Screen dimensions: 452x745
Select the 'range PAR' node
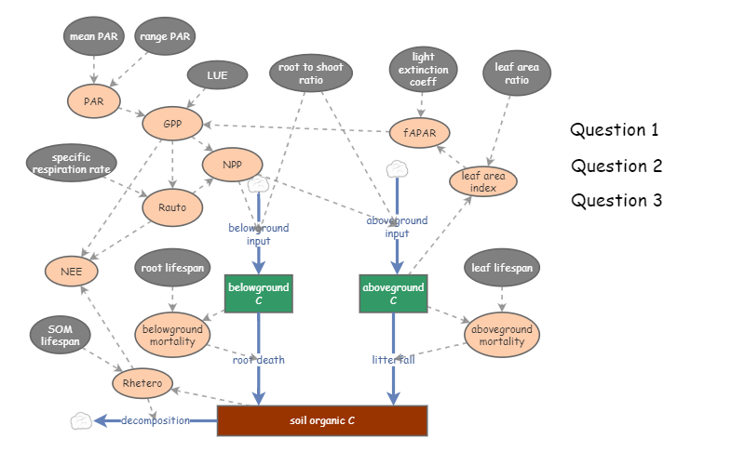pyautogui.click(x=165, y=37)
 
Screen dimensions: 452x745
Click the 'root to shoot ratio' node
pyautogui.click(x=311, y=74)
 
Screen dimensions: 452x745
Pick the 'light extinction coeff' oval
pyautogui.click(x=424, y=70)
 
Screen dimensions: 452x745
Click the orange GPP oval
pyautogui.click(x=172, y=123)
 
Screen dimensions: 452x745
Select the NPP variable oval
pyautogui.click(x=232, y=165)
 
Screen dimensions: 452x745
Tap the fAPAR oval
pyautogui.click(x=420, y=132)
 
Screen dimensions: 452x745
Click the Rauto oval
pyautogui.click(x=172, y=207)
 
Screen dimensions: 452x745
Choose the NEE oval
pyautogui.click(x=72, y=272)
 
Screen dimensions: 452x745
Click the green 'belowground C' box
pyautogui.click(x=258, y=294)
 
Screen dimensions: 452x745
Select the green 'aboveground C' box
pyautogui.click(x=393, y=294)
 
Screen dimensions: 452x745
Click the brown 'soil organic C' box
pyautogui.click(x=321, y=420)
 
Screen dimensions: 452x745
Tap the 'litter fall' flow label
pyautogui.click(x=392, y=359)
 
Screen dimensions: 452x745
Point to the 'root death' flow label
pyautogui.click(x=258, y=359)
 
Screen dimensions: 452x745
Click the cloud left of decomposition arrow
pyautogui.click(x=81, y=420)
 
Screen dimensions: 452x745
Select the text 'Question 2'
pyautogui.click(x=616, y=166)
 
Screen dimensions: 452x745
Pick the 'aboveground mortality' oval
pyautogui.click(x=502, y=335)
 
